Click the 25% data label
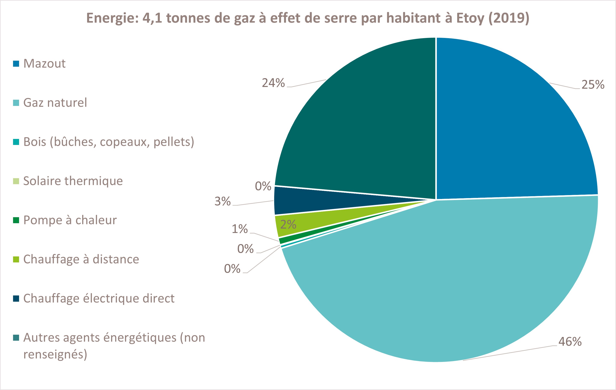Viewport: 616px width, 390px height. tap(593, 84)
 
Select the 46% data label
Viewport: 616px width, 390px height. tap(570, 342)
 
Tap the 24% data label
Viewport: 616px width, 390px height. tap(273, 83)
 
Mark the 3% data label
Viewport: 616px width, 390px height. tap(223, 201)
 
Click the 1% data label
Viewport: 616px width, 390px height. tap(240, 229)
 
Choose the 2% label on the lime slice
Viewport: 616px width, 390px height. tap(288, 224)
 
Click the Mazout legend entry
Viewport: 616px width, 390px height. tap(44, 63)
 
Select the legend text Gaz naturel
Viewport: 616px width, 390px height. tap(55, 103)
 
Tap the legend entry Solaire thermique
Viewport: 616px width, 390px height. tap(73, 181)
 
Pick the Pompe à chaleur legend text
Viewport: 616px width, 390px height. tap(70, 220)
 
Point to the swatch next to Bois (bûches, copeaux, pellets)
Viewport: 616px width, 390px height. tap(16, 142)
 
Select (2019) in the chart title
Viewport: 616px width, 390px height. tap(509, 18)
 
